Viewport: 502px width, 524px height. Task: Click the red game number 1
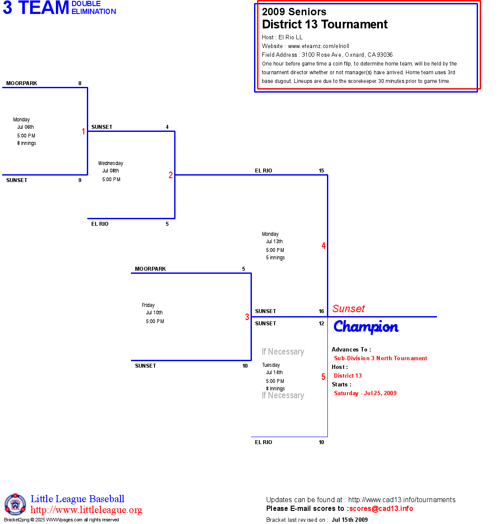pyautogui.click(x=83, y=131)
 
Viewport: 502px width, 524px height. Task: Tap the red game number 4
pyautogui.click(x=323, y=246)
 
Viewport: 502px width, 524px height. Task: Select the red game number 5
pyautogui.click(x=323, y=377)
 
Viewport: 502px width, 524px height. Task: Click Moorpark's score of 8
pyautogui.click(x=80, y=83)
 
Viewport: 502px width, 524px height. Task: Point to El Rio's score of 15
pyautogui.click(x=321, y=171)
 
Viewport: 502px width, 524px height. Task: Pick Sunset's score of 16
pyautogui.click(x=321, y=311)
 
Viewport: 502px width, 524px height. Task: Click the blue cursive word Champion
pyautogui.click(x=366, y=327)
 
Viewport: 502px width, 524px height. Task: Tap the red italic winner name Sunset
pyautogui.click(x=348, y=309)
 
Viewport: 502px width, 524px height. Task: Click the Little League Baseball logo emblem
pyautogui.click(x=15, y=504)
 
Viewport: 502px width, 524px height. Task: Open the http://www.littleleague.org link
pyautogui.click(x=86, y=510)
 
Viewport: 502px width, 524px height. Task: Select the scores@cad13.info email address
pyautogui.click(x=381, y=508)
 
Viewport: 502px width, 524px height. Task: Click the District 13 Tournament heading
pyautogui.click(x=325, y=24)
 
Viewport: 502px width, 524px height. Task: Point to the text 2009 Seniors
pyautogui.click(x=294, y=12)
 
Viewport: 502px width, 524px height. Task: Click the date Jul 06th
pyautogui.click(x=26, y=127)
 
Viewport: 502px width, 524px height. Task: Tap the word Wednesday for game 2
pyautogui.click(x=110, y=163)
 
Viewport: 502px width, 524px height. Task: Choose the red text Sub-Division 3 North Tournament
pyautogui.click(x=380, y=358)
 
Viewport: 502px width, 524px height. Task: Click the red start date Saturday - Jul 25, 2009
pyautogui.click(x=365, y=393)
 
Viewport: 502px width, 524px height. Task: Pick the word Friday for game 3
pyautogui.click(x=148, y=305)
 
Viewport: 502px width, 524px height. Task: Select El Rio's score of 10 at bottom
pyautogui.click(x=321, y=442)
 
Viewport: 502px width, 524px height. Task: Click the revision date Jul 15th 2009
pyautogui.click(x=349, y=520)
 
